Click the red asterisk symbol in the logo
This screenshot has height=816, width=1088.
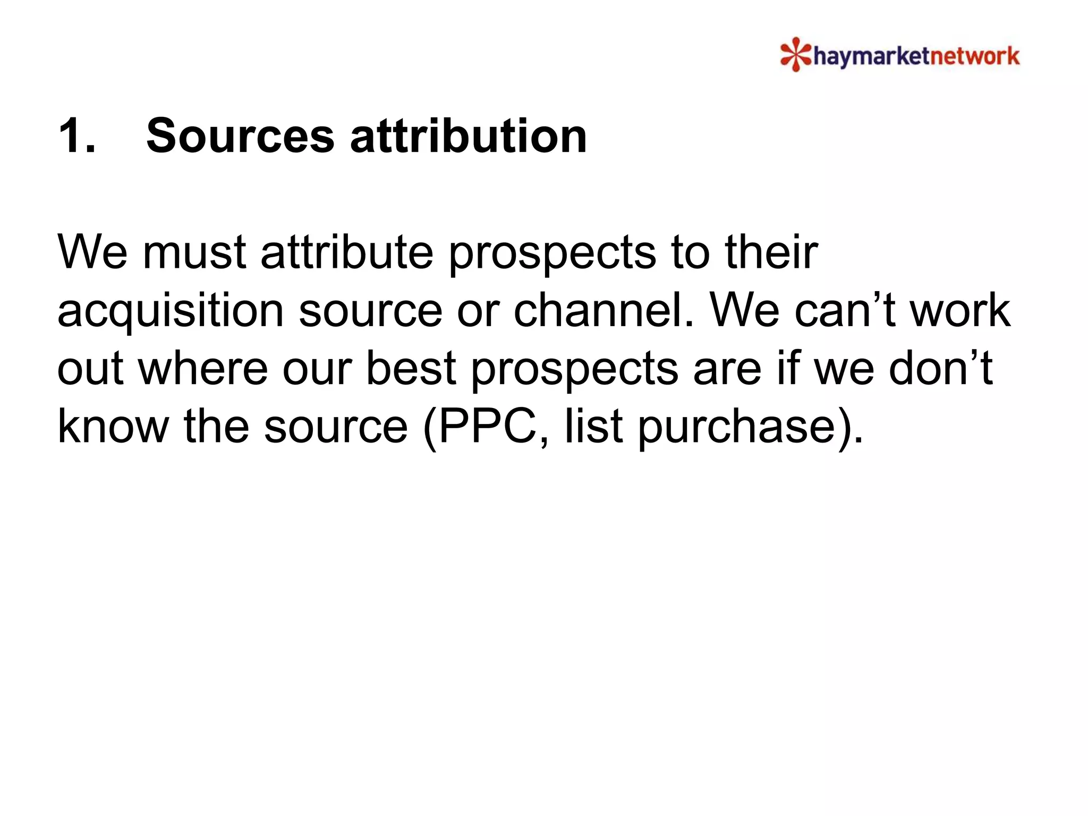[795, 54]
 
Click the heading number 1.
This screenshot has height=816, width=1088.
[77, 136]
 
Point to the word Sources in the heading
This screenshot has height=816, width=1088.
[240, 136]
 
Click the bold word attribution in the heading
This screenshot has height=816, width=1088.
[469, 136]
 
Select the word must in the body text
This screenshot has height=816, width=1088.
[194, 252]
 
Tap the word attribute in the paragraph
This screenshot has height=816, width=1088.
[347, 252]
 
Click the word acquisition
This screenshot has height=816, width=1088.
[171, 311]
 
